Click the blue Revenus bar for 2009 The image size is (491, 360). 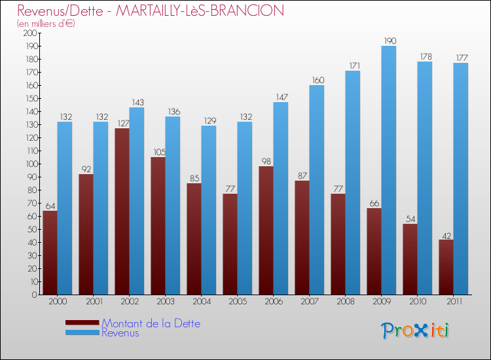[x=389, y=170]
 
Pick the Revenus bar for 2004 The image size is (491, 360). [x=209, y=210]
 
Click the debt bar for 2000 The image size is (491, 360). [x=50, y=253]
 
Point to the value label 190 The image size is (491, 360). [x=389, y=41]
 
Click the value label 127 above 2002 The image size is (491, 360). [x=122, y=123]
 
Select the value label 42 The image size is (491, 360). [x=446, y=234]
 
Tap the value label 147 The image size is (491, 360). [x=281, y=97]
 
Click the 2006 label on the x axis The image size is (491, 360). [x=274, y=301]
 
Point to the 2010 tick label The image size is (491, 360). [x=418, y=301]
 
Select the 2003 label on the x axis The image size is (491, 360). [x=166, y=301]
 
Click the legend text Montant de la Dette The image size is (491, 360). [x=151, y=323]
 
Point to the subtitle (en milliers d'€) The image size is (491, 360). [x=46, y=24]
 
